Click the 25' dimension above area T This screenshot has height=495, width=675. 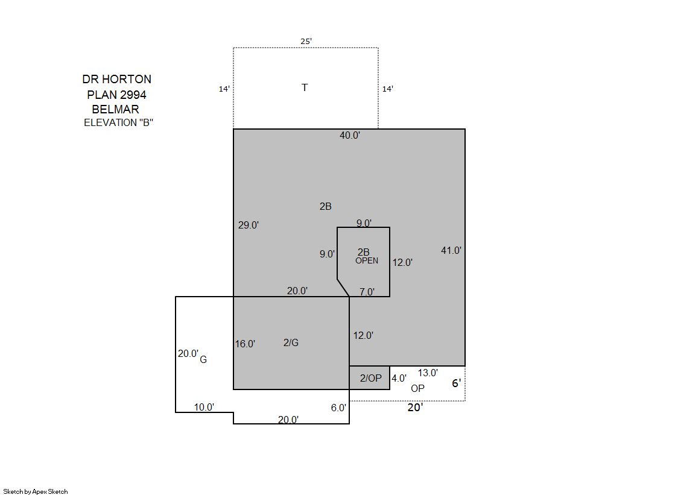point(306,42)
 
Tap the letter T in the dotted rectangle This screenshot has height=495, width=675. point(305,87)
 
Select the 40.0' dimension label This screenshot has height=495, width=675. point(349,135)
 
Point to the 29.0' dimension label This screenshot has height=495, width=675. point(249,225)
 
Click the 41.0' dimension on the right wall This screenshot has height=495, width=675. point(451,250)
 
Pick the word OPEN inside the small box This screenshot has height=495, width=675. point(367,260)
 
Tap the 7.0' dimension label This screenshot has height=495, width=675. point(367,292)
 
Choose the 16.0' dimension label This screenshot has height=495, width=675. point(245,344)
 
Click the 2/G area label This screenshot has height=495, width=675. point(291,342)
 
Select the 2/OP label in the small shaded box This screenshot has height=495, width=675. point(370,378)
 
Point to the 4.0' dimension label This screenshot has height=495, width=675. point(399,378)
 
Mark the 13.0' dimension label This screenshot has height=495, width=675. point(428,373)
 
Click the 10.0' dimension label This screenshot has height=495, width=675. point(204,407)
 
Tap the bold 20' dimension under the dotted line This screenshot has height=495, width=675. point(416,407)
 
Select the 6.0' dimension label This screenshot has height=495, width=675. point(338,408)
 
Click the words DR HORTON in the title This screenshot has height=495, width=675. point(116,79)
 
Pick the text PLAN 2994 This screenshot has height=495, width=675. point(116,95)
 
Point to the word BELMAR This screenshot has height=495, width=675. point(115,109)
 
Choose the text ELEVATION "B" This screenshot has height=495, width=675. point(118,122)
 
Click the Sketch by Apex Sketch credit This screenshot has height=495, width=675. point(36,491)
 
